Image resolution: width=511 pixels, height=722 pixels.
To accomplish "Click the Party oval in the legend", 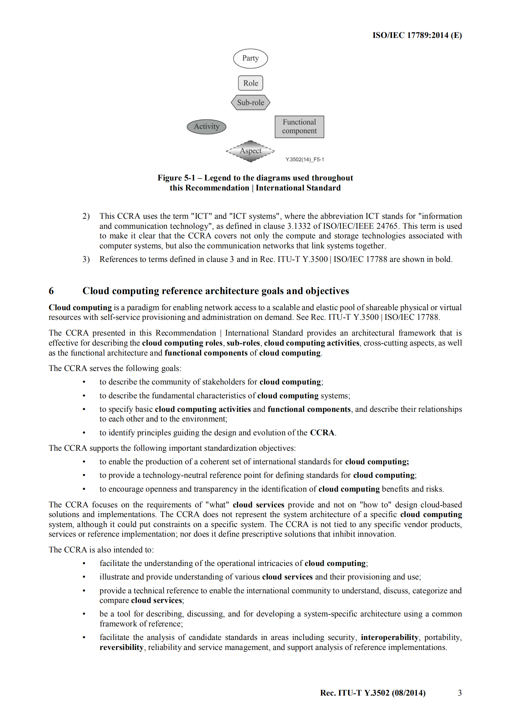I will pyautogui.click(x=250, y=59).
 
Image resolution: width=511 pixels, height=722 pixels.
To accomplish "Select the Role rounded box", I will pyautogui.click(x=250, y=83).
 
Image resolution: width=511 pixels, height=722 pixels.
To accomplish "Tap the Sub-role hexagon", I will pyautogui.click(x=250, y=103).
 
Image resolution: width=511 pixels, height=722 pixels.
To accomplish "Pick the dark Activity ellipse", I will pyautogui.click(x=206, y=126).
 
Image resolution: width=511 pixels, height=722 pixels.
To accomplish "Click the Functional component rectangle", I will pyautogui.click(x=299, y=127).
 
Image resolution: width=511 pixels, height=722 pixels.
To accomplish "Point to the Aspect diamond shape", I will pyautogui.click(x=250, y=151).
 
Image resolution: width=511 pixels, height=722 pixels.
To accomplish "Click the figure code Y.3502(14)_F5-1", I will pyautogui.click(x=305, y=160).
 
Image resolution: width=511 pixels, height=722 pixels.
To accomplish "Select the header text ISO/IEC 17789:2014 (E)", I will pyautogui.click(x=417, y=35).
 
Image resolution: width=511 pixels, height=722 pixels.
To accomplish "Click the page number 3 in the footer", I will pyautogui.click(x=460, y=693).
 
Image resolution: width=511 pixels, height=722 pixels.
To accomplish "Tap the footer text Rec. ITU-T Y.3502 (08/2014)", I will pyautogui.click(x=373, y=693).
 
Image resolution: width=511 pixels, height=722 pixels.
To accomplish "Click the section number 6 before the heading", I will pyautogui.click(x=51, y=291).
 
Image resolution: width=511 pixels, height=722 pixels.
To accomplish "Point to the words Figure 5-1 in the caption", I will pyautogui.click(x=176, y=178).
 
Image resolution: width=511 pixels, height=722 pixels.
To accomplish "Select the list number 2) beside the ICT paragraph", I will pyautogui.click(x=86, y=216).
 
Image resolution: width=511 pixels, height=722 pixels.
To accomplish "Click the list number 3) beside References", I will pyautogui.click(x=86, y=259).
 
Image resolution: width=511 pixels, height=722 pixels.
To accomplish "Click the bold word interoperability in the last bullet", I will pyautogui.click(x=389, y=637).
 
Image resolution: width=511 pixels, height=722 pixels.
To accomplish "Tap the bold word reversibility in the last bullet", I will pyautogui.click(x=121, y=647).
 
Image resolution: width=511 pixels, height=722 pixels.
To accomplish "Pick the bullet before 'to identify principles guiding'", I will pyautogui.click(x=84, y=433).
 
